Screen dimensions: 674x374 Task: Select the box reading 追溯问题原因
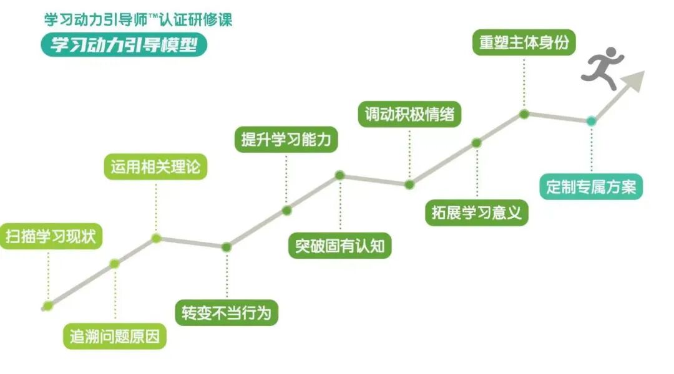[115, 337]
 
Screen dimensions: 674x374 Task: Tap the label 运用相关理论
[155, 167]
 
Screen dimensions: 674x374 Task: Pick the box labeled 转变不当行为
[226, 312]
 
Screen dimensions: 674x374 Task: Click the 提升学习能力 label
[286, 139]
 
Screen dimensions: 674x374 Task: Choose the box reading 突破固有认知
[340, 246]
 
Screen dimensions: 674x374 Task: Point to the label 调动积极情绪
[409, 115]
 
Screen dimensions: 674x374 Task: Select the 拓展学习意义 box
[477, 212]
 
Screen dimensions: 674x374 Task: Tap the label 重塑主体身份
[524, 42]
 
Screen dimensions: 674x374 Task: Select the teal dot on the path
[591, 121]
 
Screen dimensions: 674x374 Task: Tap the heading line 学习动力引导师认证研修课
[137, 19]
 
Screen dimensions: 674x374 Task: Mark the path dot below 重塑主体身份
[524, 114]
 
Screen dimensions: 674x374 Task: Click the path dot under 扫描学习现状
[47, 305]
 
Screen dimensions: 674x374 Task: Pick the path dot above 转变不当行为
[227, 247]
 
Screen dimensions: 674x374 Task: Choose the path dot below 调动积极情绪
[409, 185]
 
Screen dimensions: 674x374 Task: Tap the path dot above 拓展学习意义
[476, 143]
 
